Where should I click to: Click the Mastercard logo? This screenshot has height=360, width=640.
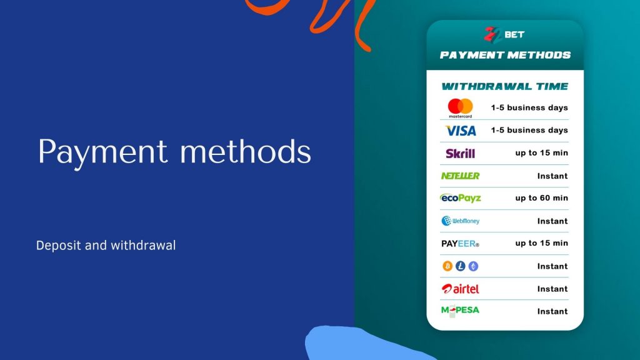pos(461,108)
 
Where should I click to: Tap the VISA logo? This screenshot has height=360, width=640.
pos(461,131)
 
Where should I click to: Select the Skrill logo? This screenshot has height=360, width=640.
pos(461,154)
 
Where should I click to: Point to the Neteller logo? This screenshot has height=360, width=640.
pos(461,176)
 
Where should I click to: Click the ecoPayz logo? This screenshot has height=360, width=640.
pos(461,198)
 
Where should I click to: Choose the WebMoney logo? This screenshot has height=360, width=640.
pos(461,221)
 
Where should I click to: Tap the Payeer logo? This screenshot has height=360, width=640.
pos(461,244)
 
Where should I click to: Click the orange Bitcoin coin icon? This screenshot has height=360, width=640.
pos(447,266)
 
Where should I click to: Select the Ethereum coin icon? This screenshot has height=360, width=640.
pos(473,266)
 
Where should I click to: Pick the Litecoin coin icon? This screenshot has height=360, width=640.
pos(461,266)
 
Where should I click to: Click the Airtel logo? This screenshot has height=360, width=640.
pos(461,289)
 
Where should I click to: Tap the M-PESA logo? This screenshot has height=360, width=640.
pos(461,311)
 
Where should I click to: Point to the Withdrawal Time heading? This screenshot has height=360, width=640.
pos(505,86)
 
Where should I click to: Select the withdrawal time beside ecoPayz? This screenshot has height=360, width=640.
pos(542,198)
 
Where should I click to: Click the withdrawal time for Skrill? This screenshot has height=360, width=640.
pos(542,153)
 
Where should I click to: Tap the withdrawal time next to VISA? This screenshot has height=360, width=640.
pos(529,130)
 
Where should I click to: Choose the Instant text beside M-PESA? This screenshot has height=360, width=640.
pos(552,311)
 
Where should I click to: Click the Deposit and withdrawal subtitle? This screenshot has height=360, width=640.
pos(106,245)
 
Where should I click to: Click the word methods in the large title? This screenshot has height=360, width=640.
pos(246,151)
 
